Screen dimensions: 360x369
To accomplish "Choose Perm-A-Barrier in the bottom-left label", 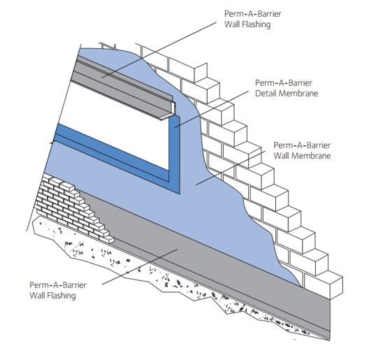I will (x=59, y=285).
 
